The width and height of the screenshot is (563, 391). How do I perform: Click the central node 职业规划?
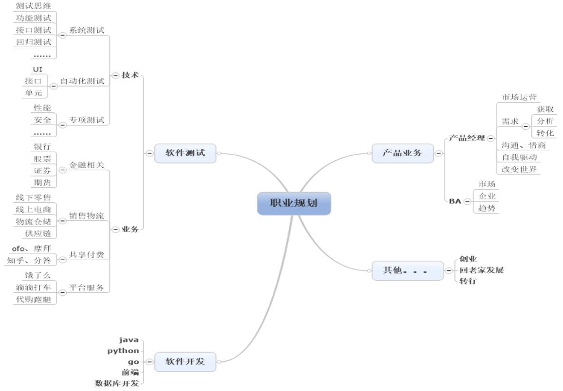click(294, 203)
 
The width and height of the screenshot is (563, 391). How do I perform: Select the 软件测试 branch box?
click(185, 153)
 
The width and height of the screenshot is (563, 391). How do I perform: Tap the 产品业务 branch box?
click(402, 153)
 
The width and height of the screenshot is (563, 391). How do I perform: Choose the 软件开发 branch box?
click(185, 361)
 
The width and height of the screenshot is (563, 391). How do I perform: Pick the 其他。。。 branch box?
click(407, 270)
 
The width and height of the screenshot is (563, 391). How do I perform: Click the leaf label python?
click(123, 351)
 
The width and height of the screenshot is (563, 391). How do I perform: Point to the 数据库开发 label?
click(117, 383)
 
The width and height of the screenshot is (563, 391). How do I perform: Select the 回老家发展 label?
click(481, 270)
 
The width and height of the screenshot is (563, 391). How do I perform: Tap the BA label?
click(455, 201)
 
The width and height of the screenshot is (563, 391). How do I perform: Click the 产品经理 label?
click(467, 138)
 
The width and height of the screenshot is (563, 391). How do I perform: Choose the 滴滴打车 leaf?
click(33, 287)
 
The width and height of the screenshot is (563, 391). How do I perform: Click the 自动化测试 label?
click(82, 81)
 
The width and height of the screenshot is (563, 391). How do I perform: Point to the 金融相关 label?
click(87, 165)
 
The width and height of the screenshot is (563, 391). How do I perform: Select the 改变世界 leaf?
click(519, 169)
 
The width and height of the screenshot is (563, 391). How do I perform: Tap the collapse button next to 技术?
click(115, 75)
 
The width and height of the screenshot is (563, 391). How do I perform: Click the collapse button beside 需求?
click(525, 126)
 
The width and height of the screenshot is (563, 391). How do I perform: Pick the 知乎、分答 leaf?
click(29, 260)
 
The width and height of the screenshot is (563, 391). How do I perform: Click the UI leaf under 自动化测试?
click(38, 70)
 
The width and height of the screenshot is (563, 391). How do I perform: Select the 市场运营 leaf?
click(519, 97)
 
